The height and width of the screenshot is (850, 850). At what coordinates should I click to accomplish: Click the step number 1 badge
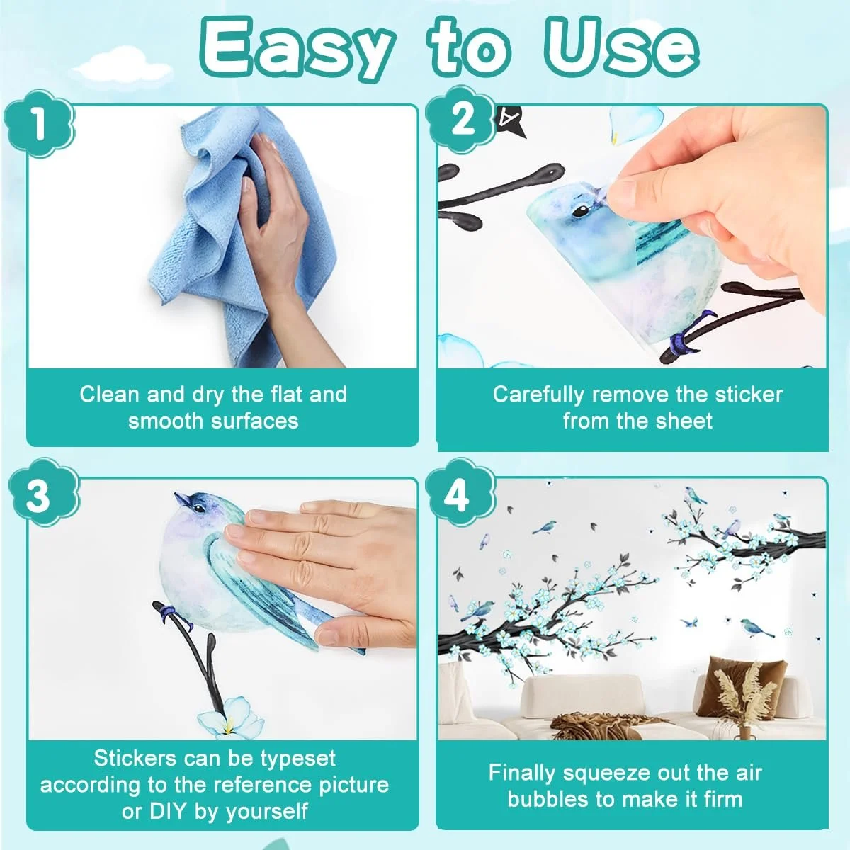pyautogui.click(x=39, y=123)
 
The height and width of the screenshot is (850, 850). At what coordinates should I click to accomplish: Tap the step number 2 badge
pyautogui.click(x=461, y=120)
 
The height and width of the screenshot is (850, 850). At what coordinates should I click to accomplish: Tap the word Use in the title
pyautogui.click(x=621, y=47)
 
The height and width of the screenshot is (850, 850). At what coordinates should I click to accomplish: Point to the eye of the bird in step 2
pyautogui.click(x=581, y=212)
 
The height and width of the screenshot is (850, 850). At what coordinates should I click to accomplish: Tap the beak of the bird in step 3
pyautogui.click(x=182, y=499)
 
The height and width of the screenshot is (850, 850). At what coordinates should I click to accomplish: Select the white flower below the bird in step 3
pyautogui.click(x=229, y=723)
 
